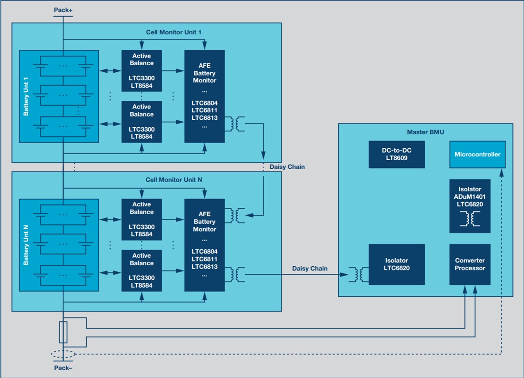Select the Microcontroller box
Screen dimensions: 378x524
click(477, 155)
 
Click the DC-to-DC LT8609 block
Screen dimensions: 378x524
click(396, 154)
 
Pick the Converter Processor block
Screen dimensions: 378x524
click(470, 264)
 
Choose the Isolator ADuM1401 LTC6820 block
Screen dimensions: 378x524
click(470, 206)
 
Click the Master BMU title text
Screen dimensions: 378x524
click(425, 132)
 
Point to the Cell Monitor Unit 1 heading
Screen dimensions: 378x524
click(173, 32)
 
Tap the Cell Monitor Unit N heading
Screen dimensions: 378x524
click(173, 180)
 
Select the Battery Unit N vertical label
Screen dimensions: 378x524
click(27, 244)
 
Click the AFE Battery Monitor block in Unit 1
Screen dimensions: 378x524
click(204, 96)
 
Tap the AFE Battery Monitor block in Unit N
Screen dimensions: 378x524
click(204, 244)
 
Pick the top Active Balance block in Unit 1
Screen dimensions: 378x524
click(141, 70)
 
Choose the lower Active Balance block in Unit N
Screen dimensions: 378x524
click(141, 270)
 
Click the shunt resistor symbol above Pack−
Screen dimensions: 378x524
click(63, 332)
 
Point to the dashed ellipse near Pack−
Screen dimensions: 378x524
click(63, 354)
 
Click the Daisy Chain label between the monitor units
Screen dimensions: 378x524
click(287, 167)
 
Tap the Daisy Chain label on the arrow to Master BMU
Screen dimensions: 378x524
click(310, 269)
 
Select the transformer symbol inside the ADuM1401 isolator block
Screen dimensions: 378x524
click(470, 219)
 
